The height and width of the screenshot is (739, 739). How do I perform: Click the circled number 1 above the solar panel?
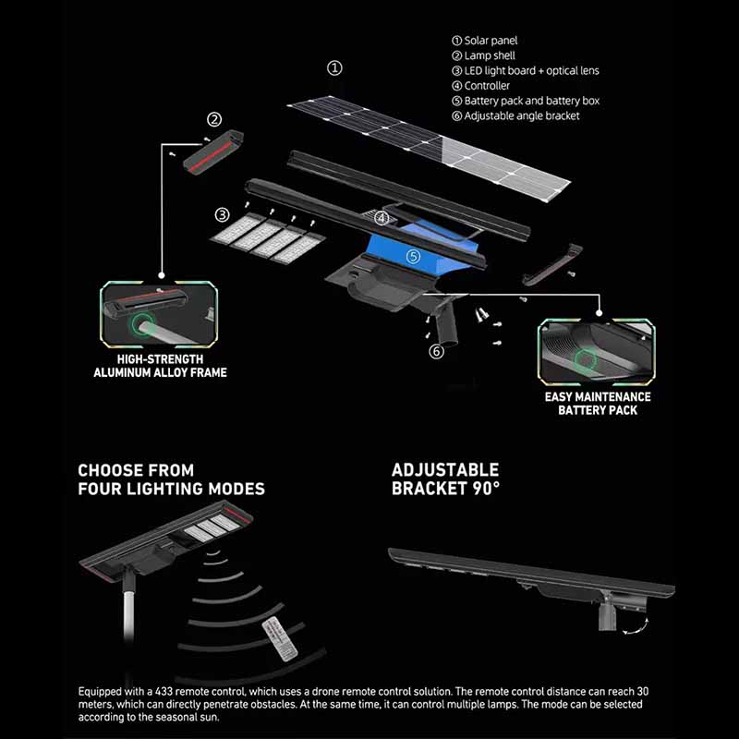334,68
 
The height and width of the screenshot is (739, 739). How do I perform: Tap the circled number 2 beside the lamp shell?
214,120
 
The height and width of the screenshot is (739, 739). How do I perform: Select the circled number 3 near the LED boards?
222,215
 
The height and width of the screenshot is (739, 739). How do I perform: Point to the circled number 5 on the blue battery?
413,257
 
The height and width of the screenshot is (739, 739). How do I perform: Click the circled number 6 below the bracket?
436,351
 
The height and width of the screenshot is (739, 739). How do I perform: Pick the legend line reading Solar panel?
484,41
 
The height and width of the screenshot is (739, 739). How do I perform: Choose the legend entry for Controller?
480,86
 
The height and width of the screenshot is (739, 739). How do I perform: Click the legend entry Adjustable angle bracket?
515,116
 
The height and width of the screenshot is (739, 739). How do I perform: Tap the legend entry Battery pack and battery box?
526,101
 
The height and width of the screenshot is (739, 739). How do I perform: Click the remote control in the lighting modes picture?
280,639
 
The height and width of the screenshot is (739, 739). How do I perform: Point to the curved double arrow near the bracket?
636,627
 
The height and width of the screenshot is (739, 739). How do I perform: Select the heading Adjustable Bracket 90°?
445,479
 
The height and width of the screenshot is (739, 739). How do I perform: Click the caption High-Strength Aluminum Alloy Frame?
160,366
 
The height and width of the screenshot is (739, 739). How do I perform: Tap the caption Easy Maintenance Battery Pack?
598,404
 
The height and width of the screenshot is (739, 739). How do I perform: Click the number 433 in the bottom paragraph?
164,692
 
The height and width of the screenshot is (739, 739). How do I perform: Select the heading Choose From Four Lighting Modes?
172,479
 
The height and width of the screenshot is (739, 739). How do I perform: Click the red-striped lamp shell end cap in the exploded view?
213,151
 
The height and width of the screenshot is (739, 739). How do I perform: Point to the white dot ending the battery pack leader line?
599,313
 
